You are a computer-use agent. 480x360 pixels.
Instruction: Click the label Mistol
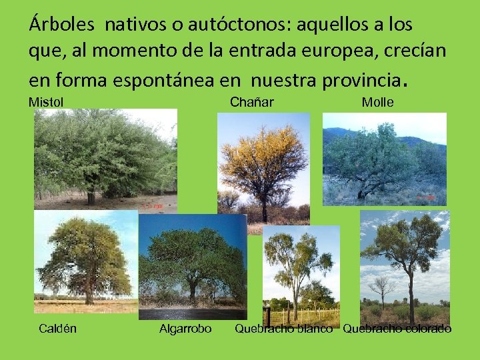coord(46,102)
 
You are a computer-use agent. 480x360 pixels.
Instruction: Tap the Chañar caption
coord(251,102)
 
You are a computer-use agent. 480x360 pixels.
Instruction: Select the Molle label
coord(377,102)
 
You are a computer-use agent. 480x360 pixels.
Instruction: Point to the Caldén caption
coord(57,328)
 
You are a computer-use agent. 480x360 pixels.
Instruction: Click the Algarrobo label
coord(185,328)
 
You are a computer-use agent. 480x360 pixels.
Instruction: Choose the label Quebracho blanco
coord(283,328)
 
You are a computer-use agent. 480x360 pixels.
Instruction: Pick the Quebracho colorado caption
coord(397,328)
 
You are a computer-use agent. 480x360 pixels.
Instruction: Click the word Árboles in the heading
coord(63,25)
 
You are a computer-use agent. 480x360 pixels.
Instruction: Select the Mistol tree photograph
coord(105,159)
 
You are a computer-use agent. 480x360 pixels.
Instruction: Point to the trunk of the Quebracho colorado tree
coord(411,293)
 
